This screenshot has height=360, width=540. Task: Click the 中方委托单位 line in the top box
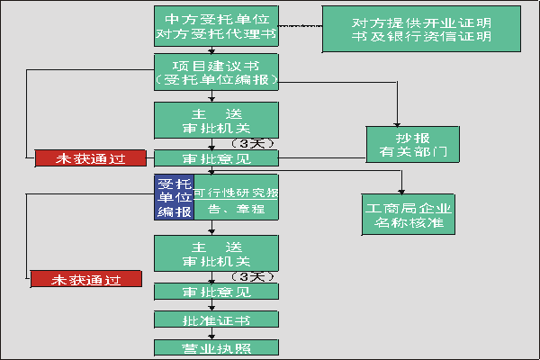coord(217,19)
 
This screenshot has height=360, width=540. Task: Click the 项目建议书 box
coord(217,72)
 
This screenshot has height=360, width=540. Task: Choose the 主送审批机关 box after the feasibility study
coord(217,254)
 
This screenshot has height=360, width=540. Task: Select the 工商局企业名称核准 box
coord(408,214)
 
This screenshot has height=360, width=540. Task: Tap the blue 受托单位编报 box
coord(173,197)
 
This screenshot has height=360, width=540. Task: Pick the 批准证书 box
coord(217,319)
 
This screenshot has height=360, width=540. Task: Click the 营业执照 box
coord(217,348)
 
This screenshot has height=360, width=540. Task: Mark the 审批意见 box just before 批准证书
coord(217,292)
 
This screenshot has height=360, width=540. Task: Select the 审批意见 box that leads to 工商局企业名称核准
coord(217,158)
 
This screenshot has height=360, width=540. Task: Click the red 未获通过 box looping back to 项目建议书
coord(90,158)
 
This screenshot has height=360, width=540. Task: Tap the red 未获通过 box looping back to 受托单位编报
coord(86,279)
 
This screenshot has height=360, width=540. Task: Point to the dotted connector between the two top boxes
coord(301,27)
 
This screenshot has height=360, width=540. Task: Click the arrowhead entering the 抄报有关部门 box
coord(397,122)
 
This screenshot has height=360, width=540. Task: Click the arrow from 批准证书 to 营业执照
coord(212,334)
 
